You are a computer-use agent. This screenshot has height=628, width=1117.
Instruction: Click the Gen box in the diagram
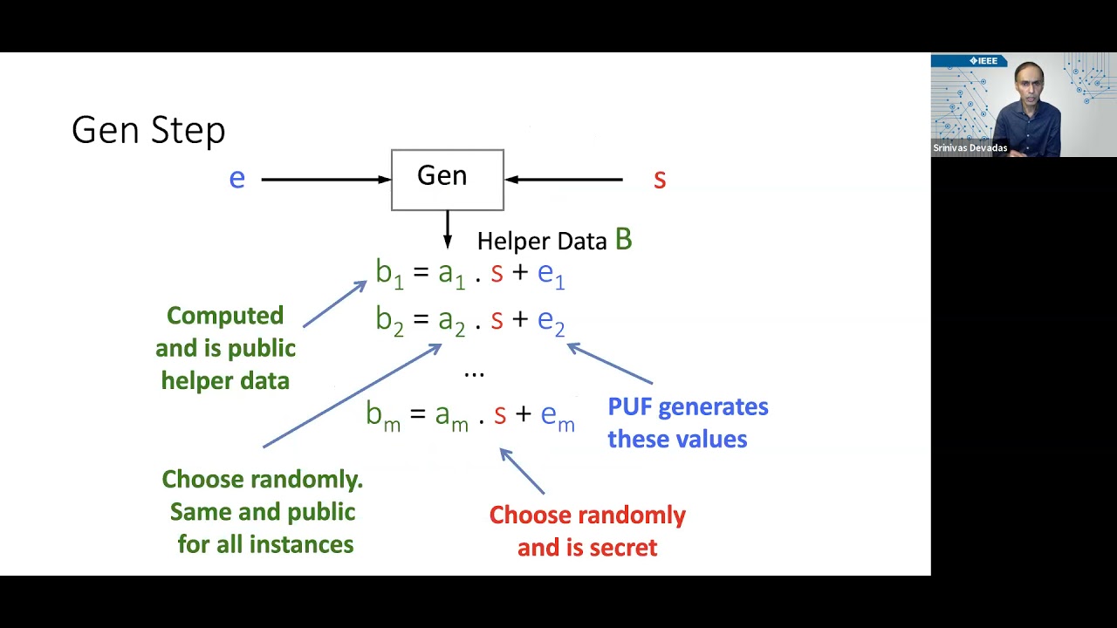point(447,180)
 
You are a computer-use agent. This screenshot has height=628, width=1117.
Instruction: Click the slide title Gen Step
point(148,131)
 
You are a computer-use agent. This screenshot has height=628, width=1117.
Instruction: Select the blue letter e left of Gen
point(236,179)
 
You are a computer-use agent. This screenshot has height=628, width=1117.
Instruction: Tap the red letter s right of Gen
point(660,180)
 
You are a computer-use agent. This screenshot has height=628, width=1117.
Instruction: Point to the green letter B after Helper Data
point(623,240)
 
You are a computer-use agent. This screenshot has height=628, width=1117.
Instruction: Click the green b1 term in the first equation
point(389,274)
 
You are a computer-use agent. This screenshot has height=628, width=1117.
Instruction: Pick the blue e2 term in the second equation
point(552,321)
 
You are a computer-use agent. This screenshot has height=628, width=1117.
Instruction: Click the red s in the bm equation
point(500,414)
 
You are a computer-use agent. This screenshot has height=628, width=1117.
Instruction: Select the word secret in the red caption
point(623,548)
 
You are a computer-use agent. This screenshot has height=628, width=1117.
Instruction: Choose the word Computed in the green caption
point(225,316)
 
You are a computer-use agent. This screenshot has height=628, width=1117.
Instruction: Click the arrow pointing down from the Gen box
point(448,229)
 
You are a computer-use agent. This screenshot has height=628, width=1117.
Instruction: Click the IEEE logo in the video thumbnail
point(983,61)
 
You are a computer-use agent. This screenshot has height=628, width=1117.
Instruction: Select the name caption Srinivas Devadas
point(970,148)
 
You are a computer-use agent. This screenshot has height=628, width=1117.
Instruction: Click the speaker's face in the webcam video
point(1030,85)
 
